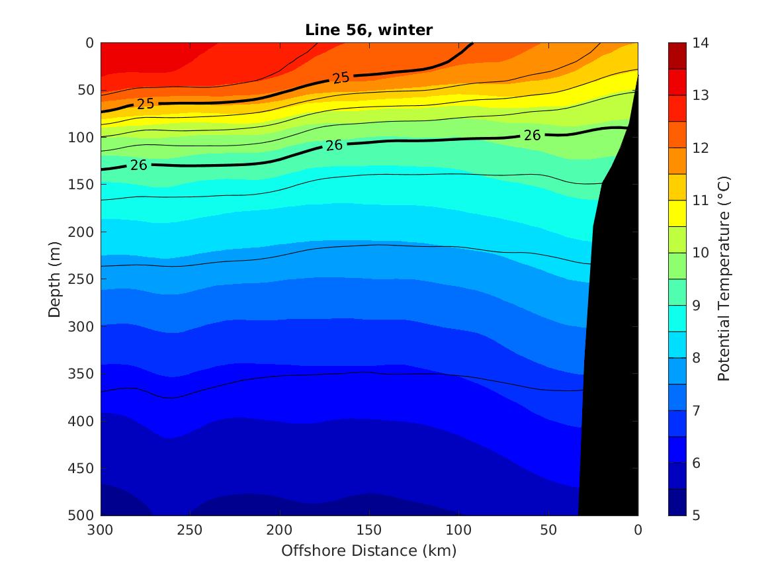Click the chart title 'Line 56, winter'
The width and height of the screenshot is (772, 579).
(368, 30)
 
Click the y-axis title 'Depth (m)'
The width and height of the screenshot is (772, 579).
(55, 279)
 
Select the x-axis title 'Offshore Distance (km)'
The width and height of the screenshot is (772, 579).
(368, 551)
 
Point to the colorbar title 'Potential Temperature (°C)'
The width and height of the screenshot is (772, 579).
(724, 279)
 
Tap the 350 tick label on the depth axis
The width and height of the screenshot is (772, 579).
(83, 374)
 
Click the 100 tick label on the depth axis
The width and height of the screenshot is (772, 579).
(83, 138)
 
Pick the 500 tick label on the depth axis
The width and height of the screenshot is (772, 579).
(83, 515)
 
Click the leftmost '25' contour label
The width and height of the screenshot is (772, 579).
(146, 104)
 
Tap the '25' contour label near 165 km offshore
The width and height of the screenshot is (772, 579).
(341, 78)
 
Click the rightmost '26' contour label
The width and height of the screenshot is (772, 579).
(532, 136)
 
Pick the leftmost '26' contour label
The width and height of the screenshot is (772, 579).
(138, 165)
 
